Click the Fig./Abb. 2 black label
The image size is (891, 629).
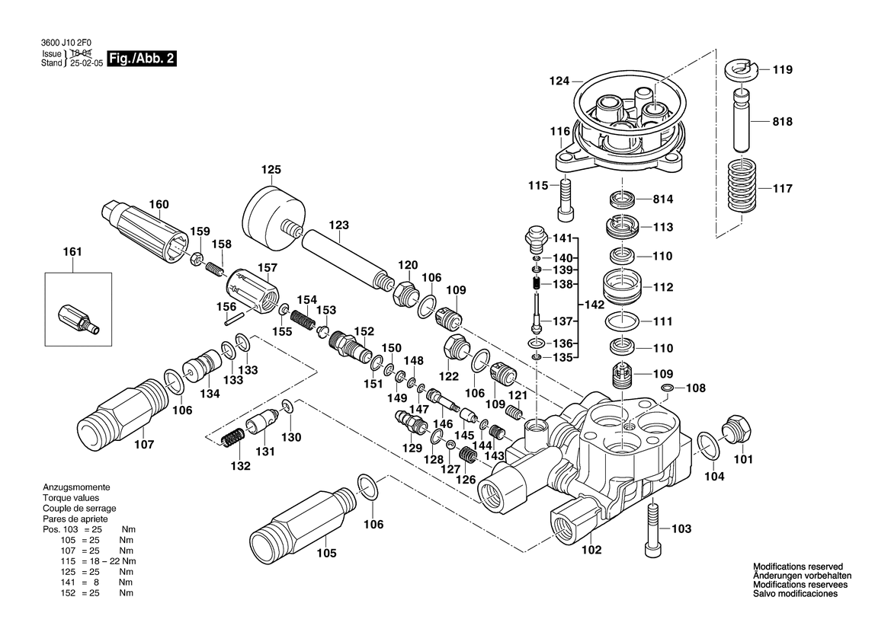click(x=143, y=59)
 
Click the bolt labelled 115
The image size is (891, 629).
click(x=565, y=196)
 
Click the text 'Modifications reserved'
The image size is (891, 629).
click(x=797, y=567)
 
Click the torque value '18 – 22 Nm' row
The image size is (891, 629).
click(x=97, y=561)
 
